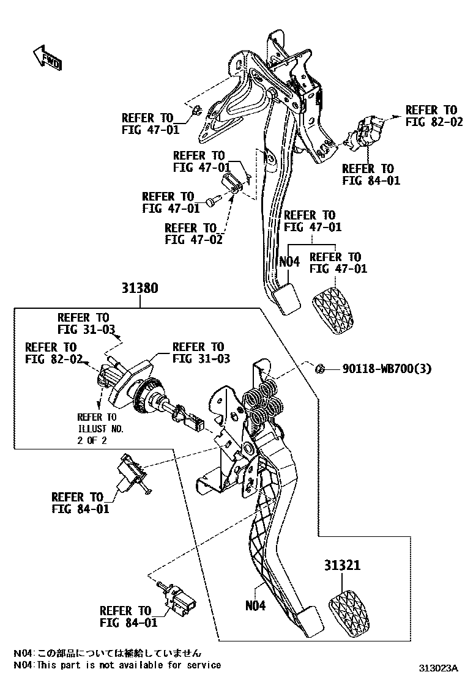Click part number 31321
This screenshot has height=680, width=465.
coord(342,566)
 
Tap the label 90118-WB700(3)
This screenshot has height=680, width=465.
coord(387,369)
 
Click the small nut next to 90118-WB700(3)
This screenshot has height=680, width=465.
coord(319,368)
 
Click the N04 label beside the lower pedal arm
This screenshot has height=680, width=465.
coord(256,606)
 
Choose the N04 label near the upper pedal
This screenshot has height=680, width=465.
coord(289,262)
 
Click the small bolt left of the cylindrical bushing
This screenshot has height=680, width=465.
coord(213,199)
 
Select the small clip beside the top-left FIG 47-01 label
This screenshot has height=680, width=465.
coord(196,111)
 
